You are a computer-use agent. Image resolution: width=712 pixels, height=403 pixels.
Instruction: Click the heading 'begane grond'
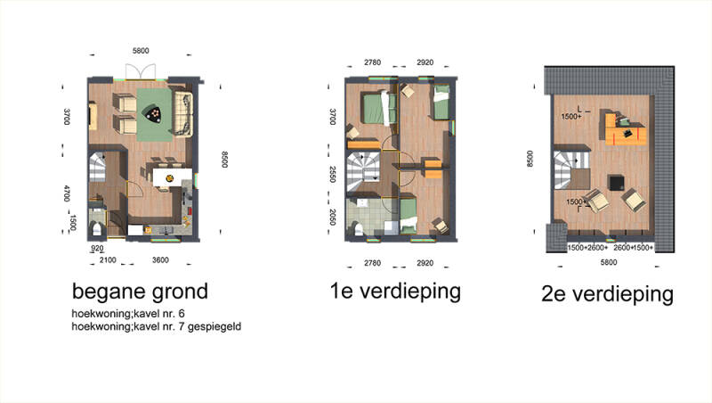[140, 292]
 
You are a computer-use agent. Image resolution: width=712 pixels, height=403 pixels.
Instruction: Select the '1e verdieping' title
[395, 292]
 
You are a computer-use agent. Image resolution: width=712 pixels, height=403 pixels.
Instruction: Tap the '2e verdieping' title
[607, 294]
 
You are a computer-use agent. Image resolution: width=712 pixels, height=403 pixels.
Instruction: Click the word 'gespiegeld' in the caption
[214, 326]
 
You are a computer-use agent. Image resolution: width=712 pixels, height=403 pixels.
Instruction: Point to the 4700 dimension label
[67, 193]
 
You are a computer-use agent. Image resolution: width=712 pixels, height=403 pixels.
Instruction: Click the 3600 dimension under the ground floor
[160, 260]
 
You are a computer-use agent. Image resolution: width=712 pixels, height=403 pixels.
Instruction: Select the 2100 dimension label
[108, 260]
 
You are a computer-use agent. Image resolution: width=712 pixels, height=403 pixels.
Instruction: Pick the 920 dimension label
[97, 249]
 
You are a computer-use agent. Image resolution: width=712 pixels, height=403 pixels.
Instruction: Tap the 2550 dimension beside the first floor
[332, 175]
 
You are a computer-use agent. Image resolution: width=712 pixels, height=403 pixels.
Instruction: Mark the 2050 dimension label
[332, 218]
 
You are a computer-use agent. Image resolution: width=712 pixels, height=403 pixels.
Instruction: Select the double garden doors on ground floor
[141, 72]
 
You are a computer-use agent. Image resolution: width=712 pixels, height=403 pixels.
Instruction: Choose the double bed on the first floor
[379, 108]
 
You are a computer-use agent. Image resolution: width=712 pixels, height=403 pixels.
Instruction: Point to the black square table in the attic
[617, 183]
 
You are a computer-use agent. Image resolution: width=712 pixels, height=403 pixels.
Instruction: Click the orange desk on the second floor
[626, 129]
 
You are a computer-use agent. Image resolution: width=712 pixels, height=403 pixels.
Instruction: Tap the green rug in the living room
[154, 115]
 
